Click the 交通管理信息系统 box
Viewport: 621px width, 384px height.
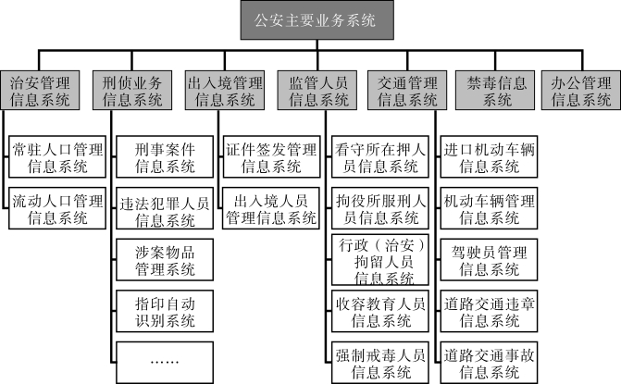pos(408,90)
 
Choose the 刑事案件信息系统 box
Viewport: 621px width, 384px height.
pos(165,157)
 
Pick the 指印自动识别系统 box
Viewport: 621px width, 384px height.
pos(165,311)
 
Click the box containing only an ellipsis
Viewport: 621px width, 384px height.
pos(165,360)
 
